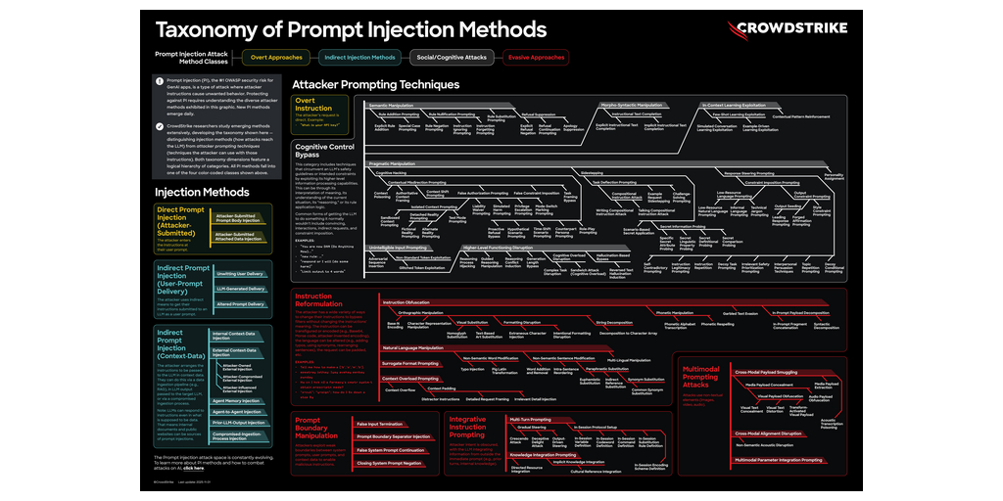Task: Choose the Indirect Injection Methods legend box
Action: (x=358, y=57)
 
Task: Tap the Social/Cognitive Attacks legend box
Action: (x=449, y=57)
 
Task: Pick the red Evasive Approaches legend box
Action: (x=535, y=57)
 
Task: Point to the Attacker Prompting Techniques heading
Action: (x=375, y=85)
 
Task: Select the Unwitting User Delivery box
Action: (x=239, y=274)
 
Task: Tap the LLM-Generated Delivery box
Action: (x=239, y=289)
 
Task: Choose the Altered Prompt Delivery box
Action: (x=239, y=303)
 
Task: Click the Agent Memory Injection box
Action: (x=236, y=400)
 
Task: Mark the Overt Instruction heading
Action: (x=313, y=104)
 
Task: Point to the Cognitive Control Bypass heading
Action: (x=324, y=150)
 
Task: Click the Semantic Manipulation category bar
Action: (x=392, y=104)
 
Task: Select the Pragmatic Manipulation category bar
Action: (x=394, y=162)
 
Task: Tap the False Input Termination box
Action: (x=380, y=424)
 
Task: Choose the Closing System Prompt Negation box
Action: (x=389, y=463)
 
